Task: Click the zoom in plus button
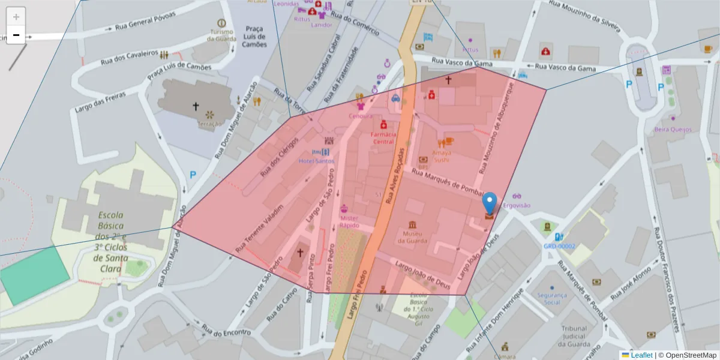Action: pyautogui.click(x=16, y=17)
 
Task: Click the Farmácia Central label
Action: pyautogui.click(x=383, y=138)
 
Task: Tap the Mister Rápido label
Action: pyautogui.click(x=349, y=222)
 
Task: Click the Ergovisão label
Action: pyautogui.click(x=518, y=205)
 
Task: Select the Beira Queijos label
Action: pyautogui.click(x=673, y=130)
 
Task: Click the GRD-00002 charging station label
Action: pyautogui.click(x=559, y=246)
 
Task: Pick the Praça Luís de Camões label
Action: pyautogui.click(x=254, y=37)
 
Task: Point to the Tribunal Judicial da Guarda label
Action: pyautogui.click(x=574, y=337)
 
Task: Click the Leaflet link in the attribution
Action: pyautogui.click(x=641, y=355)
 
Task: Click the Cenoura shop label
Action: pyautogui.click(x=361, y=116)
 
